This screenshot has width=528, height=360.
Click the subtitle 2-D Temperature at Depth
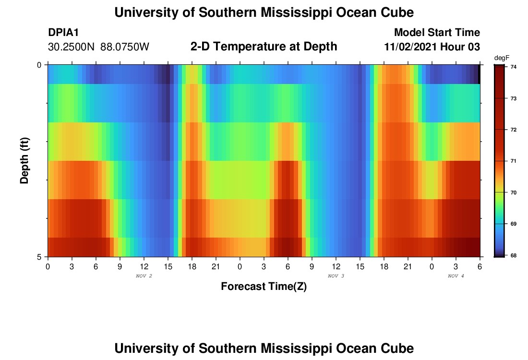tap(264, 47)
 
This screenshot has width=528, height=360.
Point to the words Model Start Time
tap(437, 33)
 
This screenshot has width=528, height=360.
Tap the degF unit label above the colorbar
tap(501, 58)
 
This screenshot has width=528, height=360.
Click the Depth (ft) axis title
tap(25, 160)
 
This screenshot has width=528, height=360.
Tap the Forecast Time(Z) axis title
tap(264, 287)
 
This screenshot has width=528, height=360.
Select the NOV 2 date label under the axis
tap(144, 276)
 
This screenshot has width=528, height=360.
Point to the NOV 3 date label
tap(336, 276)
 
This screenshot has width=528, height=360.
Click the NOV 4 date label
tap(456, 276)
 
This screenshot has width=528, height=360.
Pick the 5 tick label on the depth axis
tap(39, 256)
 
